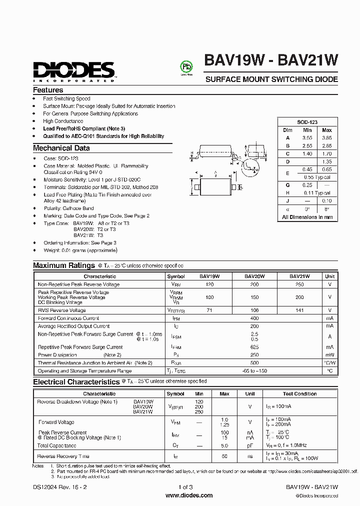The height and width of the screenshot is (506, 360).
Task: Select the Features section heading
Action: click(48, 90)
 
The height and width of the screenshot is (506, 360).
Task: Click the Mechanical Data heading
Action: click(61, 148)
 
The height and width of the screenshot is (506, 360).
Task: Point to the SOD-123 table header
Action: click(307, 122)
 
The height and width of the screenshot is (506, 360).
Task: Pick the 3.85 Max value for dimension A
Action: click(326, 137)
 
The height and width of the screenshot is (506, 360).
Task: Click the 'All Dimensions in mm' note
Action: click(307, 217)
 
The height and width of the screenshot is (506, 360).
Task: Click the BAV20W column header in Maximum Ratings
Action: click(254, 276)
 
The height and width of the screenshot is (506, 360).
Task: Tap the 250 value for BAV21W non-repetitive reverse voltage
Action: click(299, 284)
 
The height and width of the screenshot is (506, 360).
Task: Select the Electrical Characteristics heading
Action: click(76, 382)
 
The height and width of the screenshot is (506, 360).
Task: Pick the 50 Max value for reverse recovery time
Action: click(224, 456)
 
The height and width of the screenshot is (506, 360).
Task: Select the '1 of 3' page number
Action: click(185, 487)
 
